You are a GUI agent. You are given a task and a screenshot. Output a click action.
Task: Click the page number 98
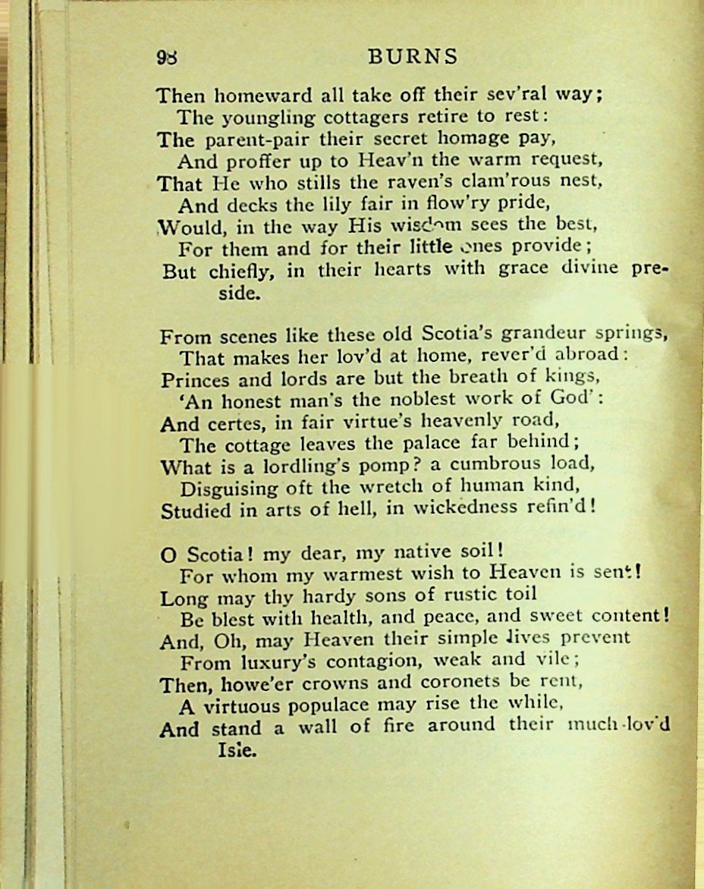coord(165,58)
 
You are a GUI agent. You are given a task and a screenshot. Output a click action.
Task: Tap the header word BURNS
coord(413,57)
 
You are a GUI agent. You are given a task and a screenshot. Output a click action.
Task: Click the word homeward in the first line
coord(250,96)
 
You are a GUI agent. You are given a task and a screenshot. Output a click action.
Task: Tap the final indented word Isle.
coord(237,752)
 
